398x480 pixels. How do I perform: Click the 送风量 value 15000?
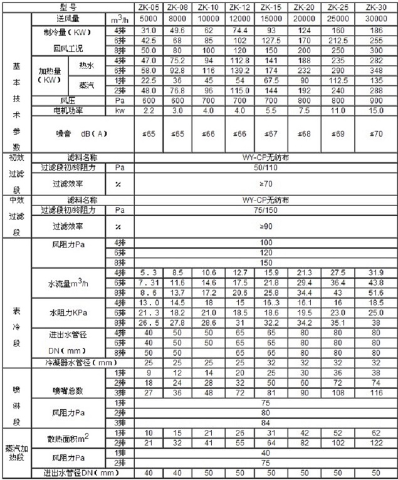tap(271, 19)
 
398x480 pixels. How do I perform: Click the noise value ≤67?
tap(271, 133)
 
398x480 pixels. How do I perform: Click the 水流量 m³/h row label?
tap(69, 284)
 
